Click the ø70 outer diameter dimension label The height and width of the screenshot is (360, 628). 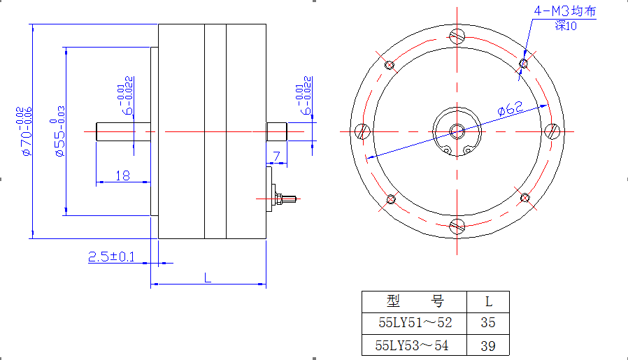(x=24, y=131)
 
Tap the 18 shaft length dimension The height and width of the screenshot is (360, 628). (x=122, y=175)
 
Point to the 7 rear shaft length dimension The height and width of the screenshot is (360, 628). (x=277, y=156)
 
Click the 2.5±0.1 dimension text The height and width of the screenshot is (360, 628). (x=111, y=257)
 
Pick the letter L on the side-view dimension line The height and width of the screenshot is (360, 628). (x=208, y=278)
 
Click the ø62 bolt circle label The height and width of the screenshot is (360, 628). (x=510, y=108)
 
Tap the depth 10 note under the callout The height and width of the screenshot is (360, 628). (x=566, y=26)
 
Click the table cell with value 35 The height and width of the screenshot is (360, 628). (x=488, y=323)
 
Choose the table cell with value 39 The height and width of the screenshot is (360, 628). (x=488, y=345)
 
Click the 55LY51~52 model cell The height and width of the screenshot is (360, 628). (x=415, y=323)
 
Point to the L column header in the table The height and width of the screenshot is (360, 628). (x=488, y=301)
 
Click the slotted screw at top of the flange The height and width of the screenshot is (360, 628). (x=457, y=36)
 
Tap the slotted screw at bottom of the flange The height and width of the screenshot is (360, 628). (x=457, y=226)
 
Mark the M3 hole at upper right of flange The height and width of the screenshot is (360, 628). (x=524, y=64)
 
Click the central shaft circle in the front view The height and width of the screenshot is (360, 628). (x=457, y=131)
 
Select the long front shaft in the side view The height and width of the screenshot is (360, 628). (x=123, y=131)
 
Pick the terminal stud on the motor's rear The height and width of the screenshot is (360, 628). (x=286, y=199)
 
